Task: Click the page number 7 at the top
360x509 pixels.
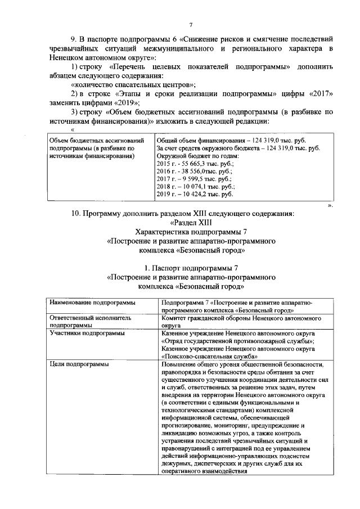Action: tap(191, 25)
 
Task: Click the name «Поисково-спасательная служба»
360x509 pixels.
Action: tap(210, 356)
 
